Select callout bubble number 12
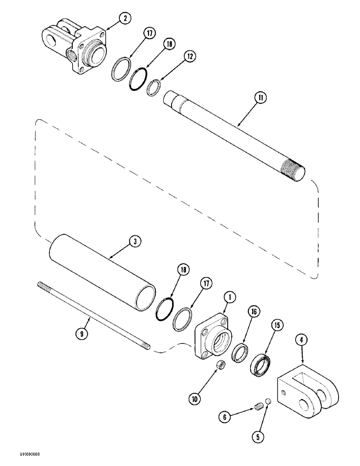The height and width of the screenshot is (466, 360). (x=190, y=56)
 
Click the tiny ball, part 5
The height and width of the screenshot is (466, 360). (x=269, y=401)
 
